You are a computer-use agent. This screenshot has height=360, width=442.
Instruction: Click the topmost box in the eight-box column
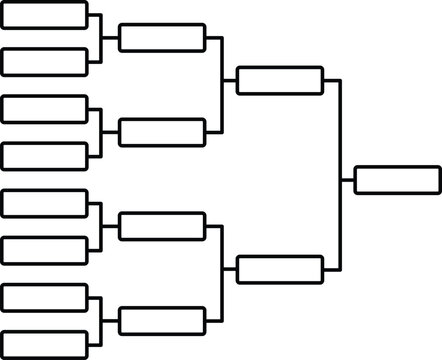click(45, 16)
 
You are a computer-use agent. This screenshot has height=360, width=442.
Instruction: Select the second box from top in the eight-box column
click(45, 61)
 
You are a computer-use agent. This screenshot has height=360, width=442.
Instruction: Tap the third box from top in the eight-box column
click(45, 109)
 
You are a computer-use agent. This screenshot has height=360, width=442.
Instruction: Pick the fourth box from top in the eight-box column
click(45, 155)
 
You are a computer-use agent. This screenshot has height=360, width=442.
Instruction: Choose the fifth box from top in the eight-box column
click(45, 203)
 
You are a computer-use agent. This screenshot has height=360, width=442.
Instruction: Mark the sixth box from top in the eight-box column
click(45, 249)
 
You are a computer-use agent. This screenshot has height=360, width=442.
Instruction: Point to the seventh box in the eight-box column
click(45, 297)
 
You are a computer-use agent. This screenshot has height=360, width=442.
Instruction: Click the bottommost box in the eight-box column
click(45, 343)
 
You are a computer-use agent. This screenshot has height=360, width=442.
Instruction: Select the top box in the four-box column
click(162, 38)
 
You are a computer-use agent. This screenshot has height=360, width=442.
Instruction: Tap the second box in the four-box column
click(162, 132)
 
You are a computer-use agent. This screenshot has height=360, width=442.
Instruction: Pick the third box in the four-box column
click(162, 226)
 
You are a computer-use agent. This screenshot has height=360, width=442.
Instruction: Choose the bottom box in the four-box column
click(162, 320)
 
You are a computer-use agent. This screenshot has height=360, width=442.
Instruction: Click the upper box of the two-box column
click(280, 80)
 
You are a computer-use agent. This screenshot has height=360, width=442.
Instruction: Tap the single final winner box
click(397, 180)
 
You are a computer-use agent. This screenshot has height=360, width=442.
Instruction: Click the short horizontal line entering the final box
click(347, 180)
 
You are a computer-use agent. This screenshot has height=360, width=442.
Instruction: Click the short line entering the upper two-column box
click(229, 80)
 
